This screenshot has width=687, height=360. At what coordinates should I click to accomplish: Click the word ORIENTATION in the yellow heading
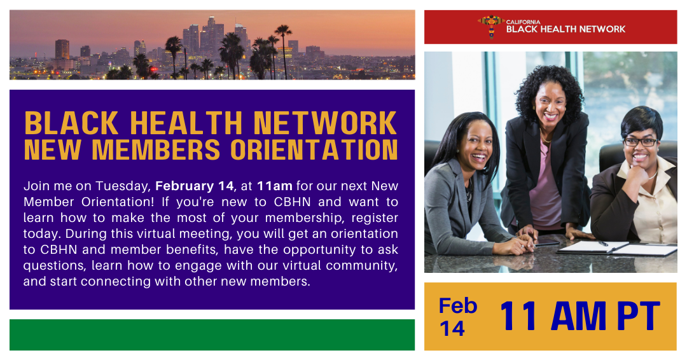tap(314, 150)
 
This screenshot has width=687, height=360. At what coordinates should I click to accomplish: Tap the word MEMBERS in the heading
tap(156, 150)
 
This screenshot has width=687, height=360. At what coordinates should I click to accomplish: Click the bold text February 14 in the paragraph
tap(195, 186)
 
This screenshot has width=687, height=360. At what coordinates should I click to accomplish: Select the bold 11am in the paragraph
tap(275, 186)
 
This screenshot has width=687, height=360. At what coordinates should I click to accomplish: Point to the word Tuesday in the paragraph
tap(123, 186)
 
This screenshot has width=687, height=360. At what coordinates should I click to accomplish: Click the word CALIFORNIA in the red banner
tap(523, 22)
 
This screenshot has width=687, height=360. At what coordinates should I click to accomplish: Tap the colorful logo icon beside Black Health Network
tap(490, 26)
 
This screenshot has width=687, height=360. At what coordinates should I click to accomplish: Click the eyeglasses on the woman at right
tap(640, 142)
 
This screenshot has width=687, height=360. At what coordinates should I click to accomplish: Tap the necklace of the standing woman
tap(546, 137)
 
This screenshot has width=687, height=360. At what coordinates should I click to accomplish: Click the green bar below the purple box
tap(212, 335)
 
